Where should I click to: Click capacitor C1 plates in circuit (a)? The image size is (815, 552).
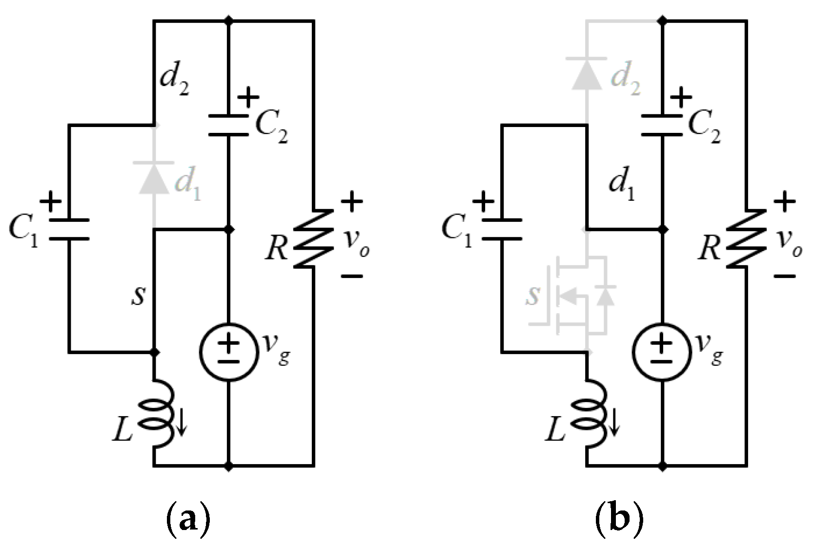[69, 230]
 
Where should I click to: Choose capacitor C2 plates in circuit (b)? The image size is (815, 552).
[662, 126]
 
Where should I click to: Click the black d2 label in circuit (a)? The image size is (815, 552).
[175, 84]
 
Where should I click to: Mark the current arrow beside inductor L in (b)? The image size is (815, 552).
[614, 423]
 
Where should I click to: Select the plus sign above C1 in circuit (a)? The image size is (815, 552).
[50, 201]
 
